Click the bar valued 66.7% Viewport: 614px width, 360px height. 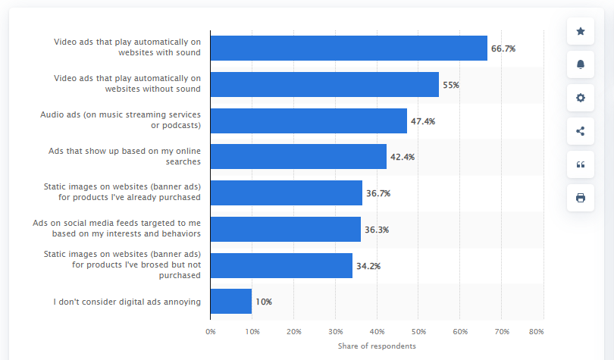(x=349, y=48)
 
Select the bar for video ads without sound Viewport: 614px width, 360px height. (x=324, y=84)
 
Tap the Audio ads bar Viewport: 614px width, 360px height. (x=309, y=121)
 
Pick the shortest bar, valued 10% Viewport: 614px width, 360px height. (x=231, y=301)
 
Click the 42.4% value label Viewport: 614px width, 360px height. (x=403, y=157)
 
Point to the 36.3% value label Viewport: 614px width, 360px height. (x=377, y=229)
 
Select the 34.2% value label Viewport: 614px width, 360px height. (x=368, y=265)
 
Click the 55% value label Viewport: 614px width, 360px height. (x=451, y=85)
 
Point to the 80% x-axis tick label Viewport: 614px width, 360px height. (x=537, y=331)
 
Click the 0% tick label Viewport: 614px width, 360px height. (x=211, y=331)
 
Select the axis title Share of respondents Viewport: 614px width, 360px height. (x=377, y=346)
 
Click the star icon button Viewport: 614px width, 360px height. (x=581, y=31)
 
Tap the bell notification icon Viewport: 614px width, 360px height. (x=581, y=64)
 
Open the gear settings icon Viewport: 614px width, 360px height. (x=581, y=98)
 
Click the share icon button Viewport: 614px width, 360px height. (x=581, y=131)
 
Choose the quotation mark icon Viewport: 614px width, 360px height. (x=581, y=164)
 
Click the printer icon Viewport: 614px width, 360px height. (x=581, y=198)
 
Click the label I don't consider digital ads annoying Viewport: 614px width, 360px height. (x=127, y=302)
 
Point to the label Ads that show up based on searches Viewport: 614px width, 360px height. (x=124, y=156)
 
